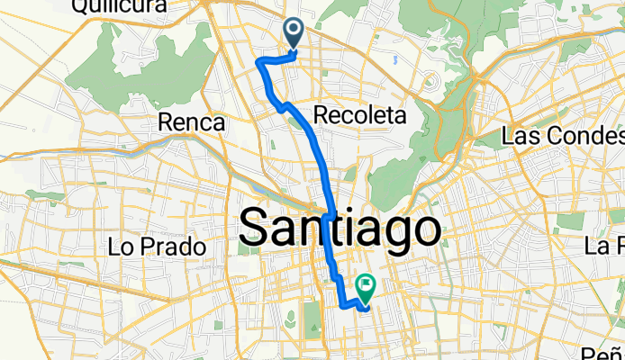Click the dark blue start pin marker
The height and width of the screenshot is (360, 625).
pos(294,34)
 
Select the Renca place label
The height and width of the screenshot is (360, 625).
pos(190,121)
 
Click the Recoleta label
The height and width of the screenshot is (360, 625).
pos(360,115)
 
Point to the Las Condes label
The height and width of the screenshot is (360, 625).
pos(563,137)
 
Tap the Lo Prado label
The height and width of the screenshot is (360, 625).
pos(158,245)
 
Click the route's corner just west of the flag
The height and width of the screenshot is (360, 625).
pos(342,306)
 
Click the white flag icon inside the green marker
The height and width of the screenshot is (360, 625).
pos(367,284)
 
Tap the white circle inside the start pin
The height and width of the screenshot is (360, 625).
pos(294,31)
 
